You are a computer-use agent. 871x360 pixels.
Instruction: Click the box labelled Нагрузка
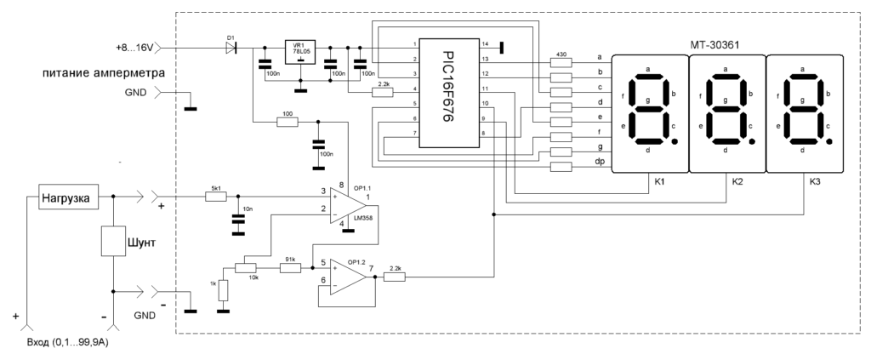pos(69,197)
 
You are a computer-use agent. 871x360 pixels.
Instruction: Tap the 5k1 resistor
pos(216,197)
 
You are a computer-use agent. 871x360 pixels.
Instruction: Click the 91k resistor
pos(290,268)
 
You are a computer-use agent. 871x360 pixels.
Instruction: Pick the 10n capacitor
pos(237,220)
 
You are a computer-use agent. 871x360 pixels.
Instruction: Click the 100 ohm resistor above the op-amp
pos(287,123)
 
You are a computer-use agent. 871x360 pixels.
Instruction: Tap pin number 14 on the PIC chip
pos(485,43)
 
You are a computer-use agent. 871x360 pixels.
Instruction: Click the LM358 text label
pos(362,219)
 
